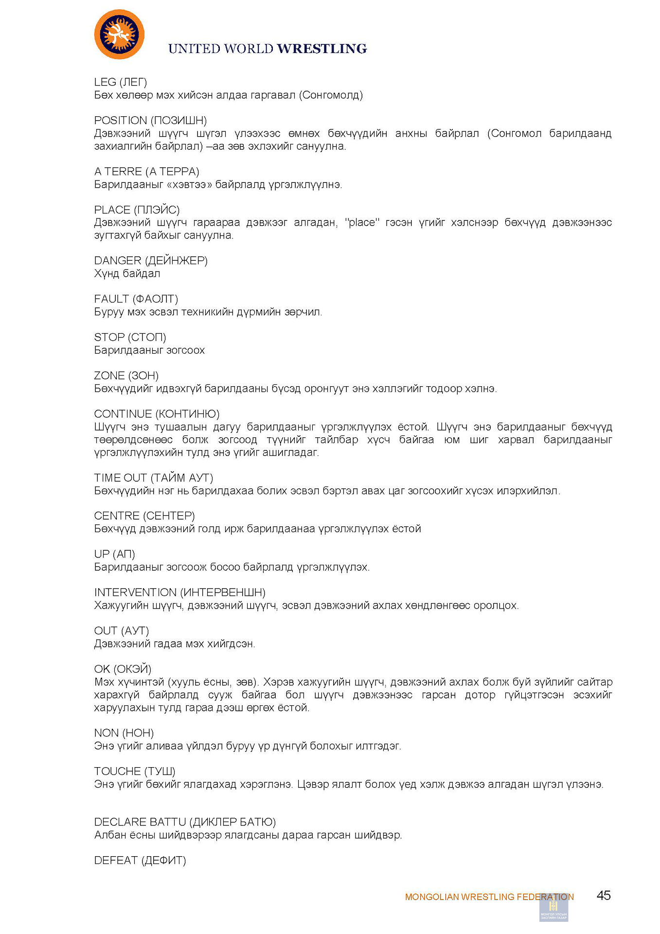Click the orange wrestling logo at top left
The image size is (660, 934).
(x=119, y=35)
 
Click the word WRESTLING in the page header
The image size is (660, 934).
(x=322, y=49)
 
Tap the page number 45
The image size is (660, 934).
(x=604, y=896)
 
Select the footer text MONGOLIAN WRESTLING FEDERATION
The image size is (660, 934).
(x=489, y=897)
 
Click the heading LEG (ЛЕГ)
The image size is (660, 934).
(x=121, y=82)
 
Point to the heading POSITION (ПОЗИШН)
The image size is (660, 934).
(x=150, y=121)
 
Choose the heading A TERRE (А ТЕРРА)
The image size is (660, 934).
(x=146, y=172)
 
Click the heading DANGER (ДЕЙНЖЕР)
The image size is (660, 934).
(x=151, y=261)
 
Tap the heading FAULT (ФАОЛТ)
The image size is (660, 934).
(x=136, y=299)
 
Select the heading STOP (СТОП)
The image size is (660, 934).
(x=130, y=338)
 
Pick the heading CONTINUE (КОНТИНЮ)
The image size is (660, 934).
(x=157, y=414)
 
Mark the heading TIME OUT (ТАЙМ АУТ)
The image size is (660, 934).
(x=154, y=478)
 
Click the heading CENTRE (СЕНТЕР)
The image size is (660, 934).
(x=144, y=516)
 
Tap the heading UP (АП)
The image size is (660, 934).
(x=115, y=555)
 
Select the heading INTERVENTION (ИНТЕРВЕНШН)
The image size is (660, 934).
(x=179, y=593)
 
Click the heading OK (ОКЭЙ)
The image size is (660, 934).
(x=123, y=669)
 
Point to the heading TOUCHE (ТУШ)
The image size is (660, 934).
(x=135, y=772)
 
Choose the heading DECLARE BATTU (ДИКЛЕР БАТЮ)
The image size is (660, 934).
(x=185, y=823)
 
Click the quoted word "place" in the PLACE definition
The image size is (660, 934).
(x=362, y=223)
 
